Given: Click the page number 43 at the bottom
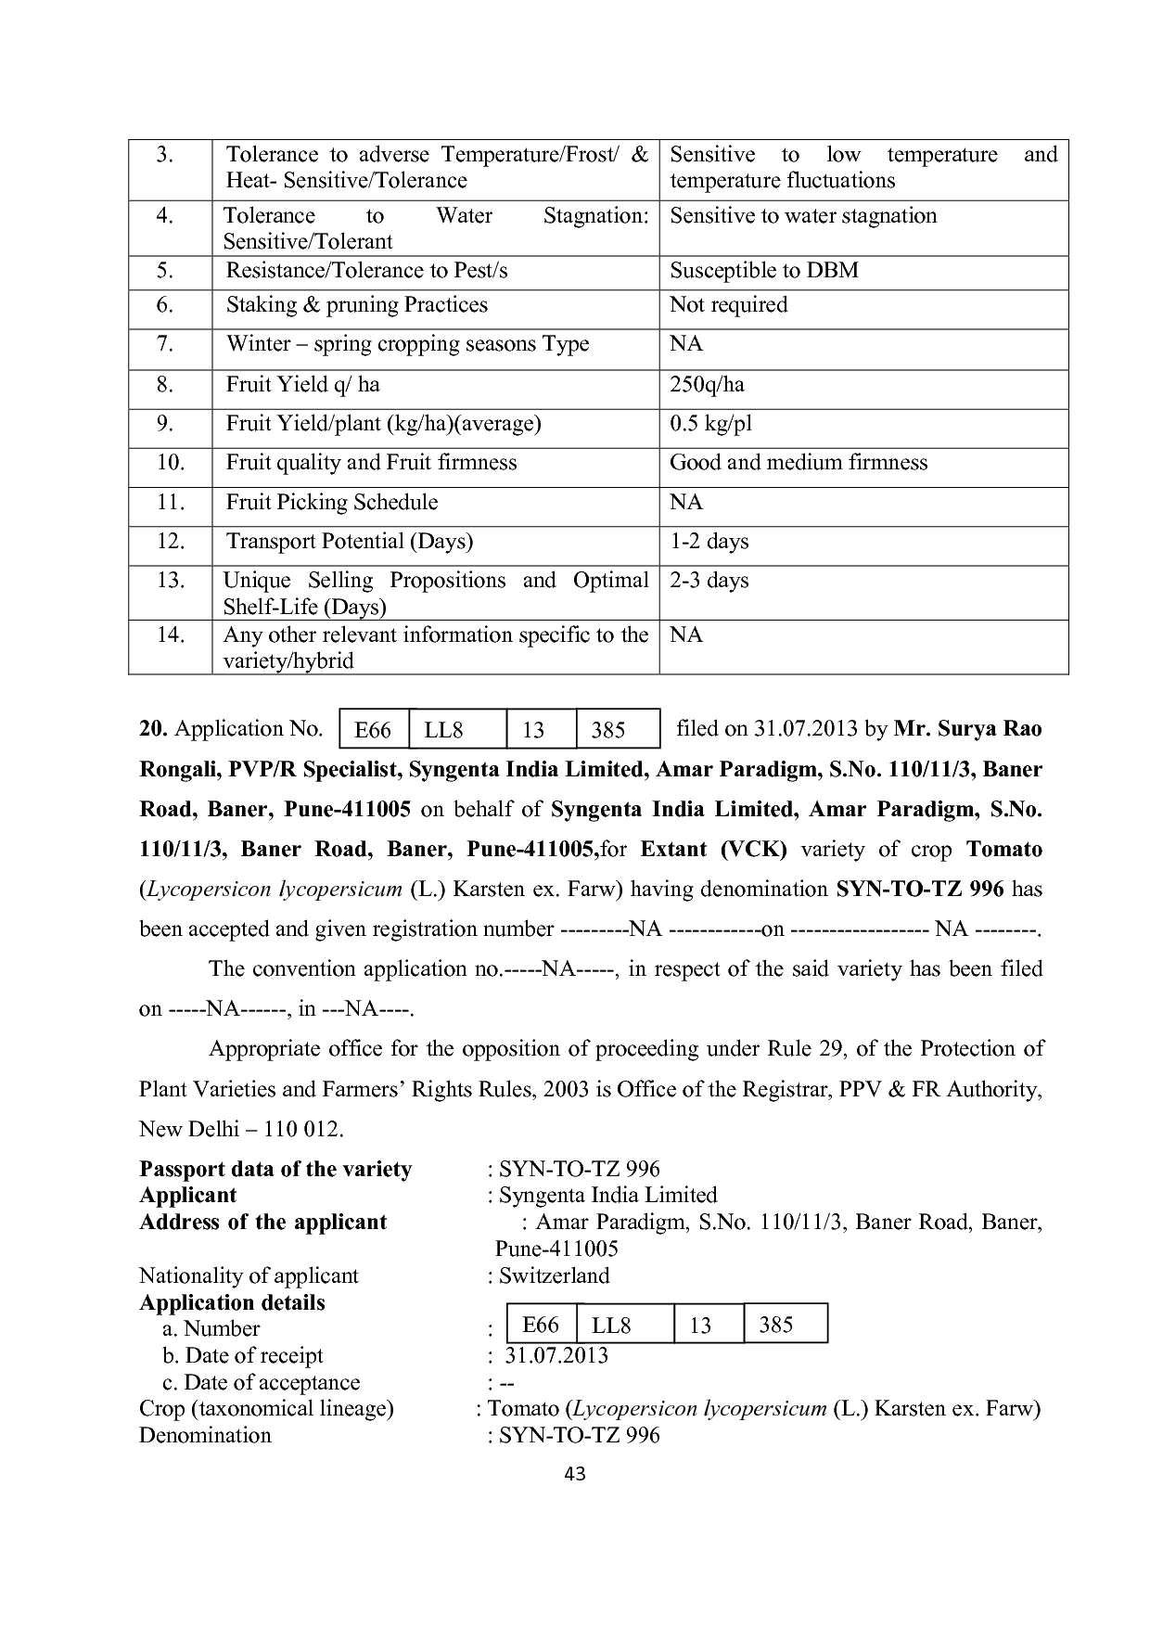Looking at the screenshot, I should coord(575,1473).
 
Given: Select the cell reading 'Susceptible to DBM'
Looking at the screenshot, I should coord(763,271).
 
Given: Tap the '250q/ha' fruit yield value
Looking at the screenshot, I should coord(707,385).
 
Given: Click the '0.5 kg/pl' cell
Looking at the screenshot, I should coord(710,424).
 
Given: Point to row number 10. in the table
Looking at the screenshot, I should coord(171,463).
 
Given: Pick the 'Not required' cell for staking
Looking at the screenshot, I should coord(728,305).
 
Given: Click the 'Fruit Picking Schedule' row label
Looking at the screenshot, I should coord(332,503).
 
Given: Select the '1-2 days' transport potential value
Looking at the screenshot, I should coord(709,542).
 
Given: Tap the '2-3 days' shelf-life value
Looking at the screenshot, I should coord(709,581).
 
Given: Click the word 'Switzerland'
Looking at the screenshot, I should coord(554,1275).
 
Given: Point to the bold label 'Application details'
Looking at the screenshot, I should coord(232,1302).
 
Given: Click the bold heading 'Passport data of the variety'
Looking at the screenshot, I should coord(275,1169).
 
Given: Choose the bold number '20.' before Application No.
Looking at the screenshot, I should coord(153,729).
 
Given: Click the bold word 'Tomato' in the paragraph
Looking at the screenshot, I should coord(1003,850).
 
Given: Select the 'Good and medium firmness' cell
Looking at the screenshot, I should coord(799,463).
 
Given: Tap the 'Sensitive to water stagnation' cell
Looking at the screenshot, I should coord(803,216).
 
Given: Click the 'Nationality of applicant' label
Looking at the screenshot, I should coord(249,1275).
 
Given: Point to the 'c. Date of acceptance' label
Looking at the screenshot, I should coord(261,1382).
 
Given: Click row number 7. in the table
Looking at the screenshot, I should coord(165,344).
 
